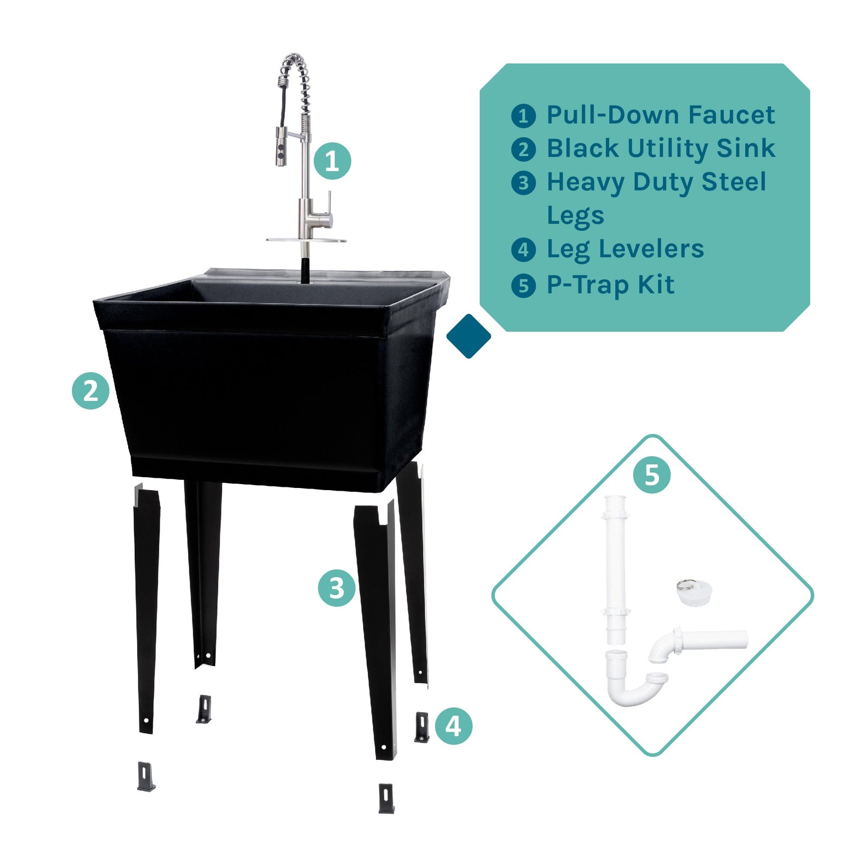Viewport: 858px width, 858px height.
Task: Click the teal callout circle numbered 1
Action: click(x=332, y=161)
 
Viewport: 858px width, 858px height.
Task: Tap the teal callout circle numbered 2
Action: click(x=91, y=391)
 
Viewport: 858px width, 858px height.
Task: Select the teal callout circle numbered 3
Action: click(x=336, y=588)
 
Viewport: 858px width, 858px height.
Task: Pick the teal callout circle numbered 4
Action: click(x=453, y=726)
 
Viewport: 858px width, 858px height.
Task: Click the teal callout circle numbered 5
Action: click(x=652, y=475)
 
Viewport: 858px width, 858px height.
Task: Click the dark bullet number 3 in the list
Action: click(x=523, y=183)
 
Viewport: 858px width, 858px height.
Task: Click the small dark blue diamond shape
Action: click(x=469, y=336)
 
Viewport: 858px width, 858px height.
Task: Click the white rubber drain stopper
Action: click(x=693, y=594)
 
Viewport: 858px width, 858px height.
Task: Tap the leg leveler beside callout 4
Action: click(x=422, y=727)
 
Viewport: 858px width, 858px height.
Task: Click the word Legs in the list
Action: click(x=575, y=216)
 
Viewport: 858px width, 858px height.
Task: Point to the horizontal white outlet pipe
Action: click(x=716, y=640)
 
